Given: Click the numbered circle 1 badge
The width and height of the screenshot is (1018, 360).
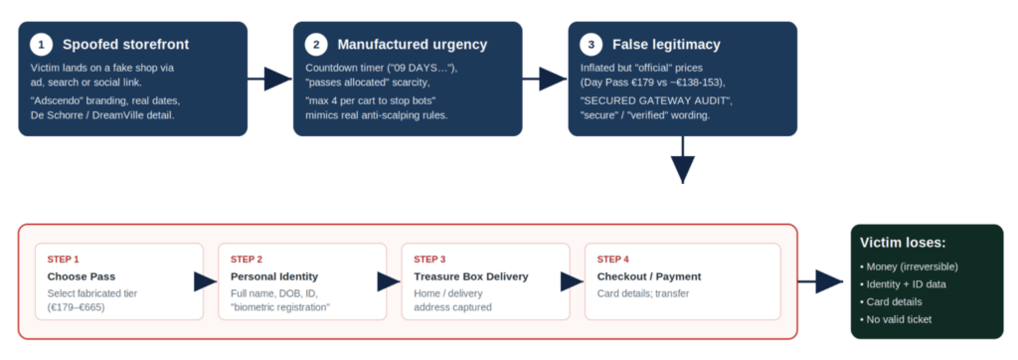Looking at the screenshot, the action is (x=42, y=45).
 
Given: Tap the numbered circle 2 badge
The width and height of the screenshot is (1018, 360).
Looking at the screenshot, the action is (x=316, y=45).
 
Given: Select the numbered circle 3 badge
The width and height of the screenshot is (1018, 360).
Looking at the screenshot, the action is (x=591, y=45).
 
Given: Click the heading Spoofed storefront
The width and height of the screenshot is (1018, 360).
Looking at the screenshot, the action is (x=126, y=45).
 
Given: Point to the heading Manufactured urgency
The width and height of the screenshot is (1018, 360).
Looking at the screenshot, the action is (x=413, y=45).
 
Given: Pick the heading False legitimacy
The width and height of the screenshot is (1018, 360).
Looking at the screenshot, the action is (x=666, y=45).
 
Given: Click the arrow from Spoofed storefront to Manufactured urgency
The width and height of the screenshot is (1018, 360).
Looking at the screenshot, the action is (x=270, y=80).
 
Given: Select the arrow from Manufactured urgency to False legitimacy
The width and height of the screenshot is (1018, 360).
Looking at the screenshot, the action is (x=546, y=80).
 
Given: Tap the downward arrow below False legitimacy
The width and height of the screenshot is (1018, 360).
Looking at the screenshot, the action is (x=682, y=160).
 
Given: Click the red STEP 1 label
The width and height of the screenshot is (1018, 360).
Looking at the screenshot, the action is (x=63, y=260).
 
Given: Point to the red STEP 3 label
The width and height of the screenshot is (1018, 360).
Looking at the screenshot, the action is (x=429, y=260).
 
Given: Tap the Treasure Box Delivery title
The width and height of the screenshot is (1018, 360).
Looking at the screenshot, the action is (x=471, y=276).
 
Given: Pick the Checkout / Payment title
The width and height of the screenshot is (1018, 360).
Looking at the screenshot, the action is (x=649, y=276).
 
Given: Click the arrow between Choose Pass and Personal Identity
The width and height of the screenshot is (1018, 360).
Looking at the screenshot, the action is (x=206, y=281).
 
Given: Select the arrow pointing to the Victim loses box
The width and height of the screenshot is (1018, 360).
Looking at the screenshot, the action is (x=820, y=281).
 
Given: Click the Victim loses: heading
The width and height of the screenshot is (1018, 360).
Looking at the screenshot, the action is (x=903, y=243).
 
